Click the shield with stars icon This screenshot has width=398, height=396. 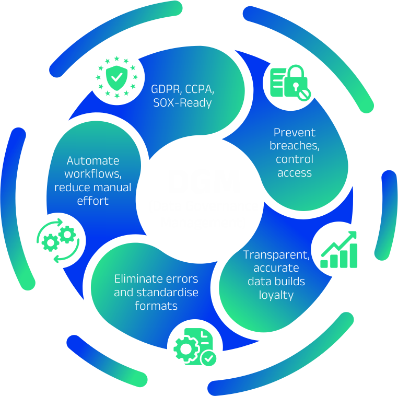click(x=116, y=77)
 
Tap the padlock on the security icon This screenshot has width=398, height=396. click(x=296, y=79)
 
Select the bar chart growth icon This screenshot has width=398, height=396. click(x=339, y=249)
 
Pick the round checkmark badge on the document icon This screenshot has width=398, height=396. click(x=209, y=358)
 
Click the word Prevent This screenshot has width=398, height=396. click(x=295, y=132)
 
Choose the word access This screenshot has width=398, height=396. click(x=295, y=173)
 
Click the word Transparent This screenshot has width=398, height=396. click(x=276, y=254)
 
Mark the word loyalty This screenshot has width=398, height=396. click(x=276, y=295)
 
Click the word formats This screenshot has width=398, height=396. click(x=156, y=306)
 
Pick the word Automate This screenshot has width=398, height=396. click(x=93, y=160)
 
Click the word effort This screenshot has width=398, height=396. click(x=93, y=201)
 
